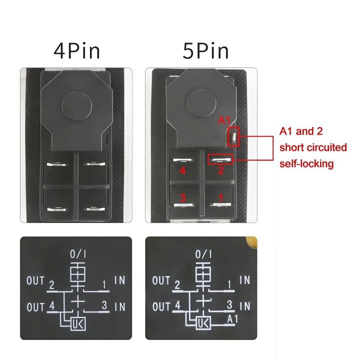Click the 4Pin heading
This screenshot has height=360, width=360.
point(77,51)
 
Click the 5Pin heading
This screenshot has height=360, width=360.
point(205,51)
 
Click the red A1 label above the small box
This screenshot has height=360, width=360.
point(224,120)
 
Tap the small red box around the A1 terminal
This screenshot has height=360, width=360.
point(233,137)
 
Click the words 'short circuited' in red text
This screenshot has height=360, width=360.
point(313,147)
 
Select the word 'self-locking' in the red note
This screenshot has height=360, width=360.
point(306,163)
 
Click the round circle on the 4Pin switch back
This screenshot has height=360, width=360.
point(76,105)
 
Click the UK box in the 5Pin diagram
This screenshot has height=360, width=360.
point(203,323)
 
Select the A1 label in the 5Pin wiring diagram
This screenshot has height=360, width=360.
point(232,318)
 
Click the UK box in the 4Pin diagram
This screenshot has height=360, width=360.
point(78,323)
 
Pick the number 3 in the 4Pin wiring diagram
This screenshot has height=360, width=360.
point(104,304)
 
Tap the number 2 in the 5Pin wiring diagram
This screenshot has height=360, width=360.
point(177,285)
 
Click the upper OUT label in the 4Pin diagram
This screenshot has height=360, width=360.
point(35,281)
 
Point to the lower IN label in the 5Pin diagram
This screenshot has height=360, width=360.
point(244,306)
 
